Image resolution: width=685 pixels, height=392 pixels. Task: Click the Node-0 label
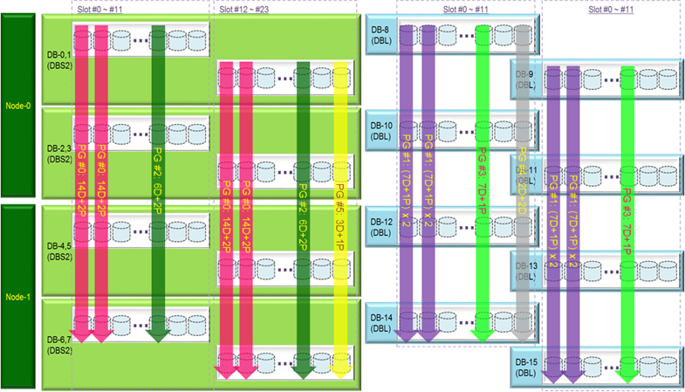click(x=17, y=106)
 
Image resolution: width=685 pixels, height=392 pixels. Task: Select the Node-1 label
click(x=17, y=298)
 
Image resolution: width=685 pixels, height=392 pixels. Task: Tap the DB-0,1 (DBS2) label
click(x=58, y=59)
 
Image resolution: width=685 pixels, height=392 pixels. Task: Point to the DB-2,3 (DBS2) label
click(x=58, y=154)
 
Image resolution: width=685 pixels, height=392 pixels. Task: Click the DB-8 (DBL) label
click(x=380, y=35)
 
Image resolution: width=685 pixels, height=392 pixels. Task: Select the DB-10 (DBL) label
click(x=381, y=132)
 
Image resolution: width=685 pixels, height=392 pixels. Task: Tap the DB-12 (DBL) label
click(x=381, y=226)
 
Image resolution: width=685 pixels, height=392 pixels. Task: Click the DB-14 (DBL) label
click(x=381, y=320)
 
